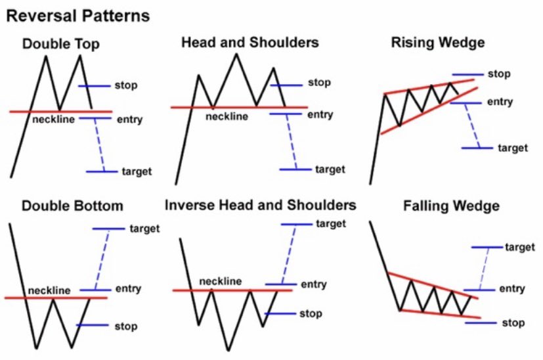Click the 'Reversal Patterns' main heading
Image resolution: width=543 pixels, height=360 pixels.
[77, 14]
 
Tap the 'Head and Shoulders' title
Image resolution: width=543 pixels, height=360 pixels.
[250, 43]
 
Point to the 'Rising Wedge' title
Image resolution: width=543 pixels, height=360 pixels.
[437, 43]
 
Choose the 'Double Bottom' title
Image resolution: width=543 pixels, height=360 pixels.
[72, 206]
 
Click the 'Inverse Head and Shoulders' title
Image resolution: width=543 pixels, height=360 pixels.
[261, 205]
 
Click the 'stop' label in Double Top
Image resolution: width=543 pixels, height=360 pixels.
[126, 85]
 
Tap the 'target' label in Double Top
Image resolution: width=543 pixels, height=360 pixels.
[137, 171]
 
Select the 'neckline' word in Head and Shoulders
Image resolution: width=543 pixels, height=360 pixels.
[227, 116]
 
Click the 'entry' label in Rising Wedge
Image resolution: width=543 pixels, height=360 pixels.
[500, 102]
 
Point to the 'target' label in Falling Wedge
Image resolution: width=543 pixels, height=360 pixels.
[520, 247]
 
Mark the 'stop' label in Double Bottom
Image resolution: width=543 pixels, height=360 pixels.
[125, 326]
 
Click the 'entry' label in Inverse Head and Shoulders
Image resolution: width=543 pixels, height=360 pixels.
[313, 284]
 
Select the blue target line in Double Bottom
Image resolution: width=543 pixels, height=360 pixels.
[108, 229]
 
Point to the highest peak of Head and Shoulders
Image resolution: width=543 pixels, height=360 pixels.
[236, 53]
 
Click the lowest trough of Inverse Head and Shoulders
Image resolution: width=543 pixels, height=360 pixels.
[228, 350]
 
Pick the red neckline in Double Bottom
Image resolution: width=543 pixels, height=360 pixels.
[56, 298]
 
